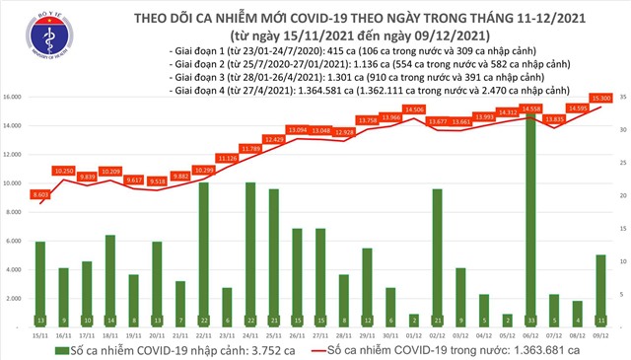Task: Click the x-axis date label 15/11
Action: coord(39,333)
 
